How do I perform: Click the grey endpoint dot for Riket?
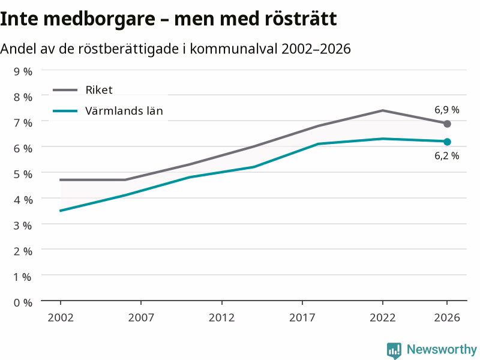click(447, 124)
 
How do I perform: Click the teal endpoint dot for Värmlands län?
click(447, 142)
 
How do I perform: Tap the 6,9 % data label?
click(446, 110)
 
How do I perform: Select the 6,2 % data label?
click(446, 155)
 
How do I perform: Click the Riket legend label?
click(99, 89)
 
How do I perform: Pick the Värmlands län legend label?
click(124, 111)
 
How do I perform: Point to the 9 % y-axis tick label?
click(23, 71)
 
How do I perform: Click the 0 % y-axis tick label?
click(23, 303)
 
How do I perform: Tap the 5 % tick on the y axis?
click(23, 174)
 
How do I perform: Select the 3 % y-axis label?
click(23, 226)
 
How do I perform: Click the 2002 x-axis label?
click(61, 317)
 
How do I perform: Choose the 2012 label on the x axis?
click(221, 317)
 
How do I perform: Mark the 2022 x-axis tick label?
click(383, 317)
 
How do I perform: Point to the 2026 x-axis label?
click(447, 317)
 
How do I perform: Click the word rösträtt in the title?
click(301, 19)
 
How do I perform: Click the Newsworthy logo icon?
click(394, 350)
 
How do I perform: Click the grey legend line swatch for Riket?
click(65, 90)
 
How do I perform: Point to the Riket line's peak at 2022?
click(383, 110)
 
